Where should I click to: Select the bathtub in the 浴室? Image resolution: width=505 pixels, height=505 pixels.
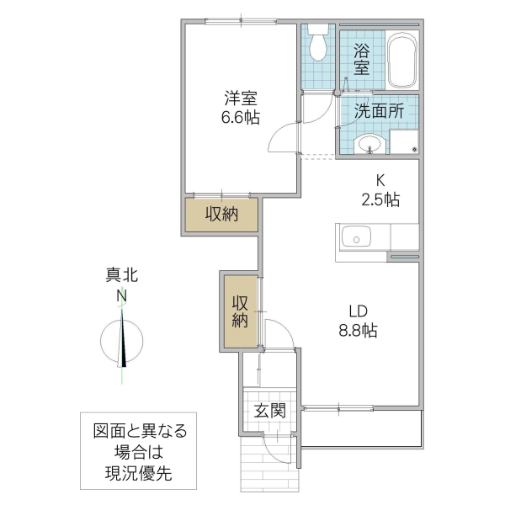(x=404, y=60)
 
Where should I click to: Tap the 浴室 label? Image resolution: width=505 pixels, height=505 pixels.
(x=362, y=58)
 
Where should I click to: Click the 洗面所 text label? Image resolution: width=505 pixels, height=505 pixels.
(x=378, y=109)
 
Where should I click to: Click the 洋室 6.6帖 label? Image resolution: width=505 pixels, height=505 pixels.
(x=240, y=107)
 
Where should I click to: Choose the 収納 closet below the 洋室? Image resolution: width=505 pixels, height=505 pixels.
(x=222, y=215)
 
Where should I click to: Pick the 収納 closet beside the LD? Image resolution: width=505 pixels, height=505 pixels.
(x=239, y=311)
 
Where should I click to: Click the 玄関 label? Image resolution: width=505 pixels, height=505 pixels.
(x=269, y=411)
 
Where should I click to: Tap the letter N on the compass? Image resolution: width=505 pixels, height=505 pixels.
(x=122, y=295)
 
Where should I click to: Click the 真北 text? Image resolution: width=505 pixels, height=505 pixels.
(x=122, y=275)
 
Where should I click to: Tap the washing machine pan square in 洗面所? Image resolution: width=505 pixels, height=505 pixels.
(x=404, y=142)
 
